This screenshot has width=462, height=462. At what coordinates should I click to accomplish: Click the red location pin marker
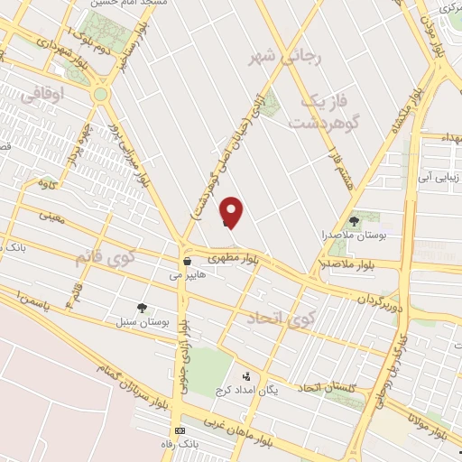click(233, 211)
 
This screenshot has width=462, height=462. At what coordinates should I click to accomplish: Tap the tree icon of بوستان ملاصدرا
click(353, 220)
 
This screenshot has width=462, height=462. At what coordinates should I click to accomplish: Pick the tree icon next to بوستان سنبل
click(142, 308)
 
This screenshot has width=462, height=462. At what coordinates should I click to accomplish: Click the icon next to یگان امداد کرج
click(246, 376)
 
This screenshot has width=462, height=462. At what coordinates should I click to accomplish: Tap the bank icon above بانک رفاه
click(180, 430)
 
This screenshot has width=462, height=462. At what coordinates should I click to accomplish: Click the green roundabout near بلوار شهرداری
click(100, 93)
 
